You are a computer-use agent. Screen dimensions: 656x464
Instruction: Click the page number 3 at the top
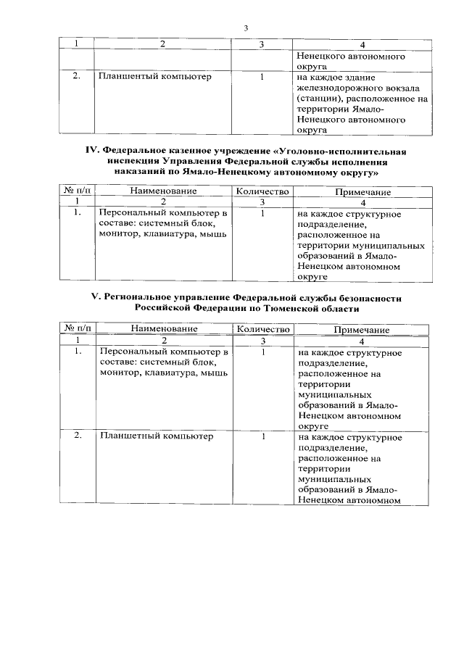pos(246,28)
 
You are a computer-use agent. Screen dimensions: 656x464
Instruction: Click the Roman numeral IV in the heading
pos(92,151)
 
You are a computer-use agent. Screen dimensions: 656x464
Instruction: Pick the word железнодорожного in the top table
pos(334,87)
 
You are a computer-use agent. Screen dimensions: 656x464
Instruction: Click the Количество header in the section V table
pos(263,329)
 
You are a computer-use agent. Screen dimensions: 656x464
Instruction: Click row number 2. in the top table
pos(76,76)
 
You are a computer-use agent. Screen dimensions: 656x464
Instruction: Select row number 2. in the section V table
pos(78,437)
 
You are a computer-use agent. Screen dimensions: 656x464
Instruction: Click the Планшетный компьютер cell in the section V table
pos(156,437)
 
